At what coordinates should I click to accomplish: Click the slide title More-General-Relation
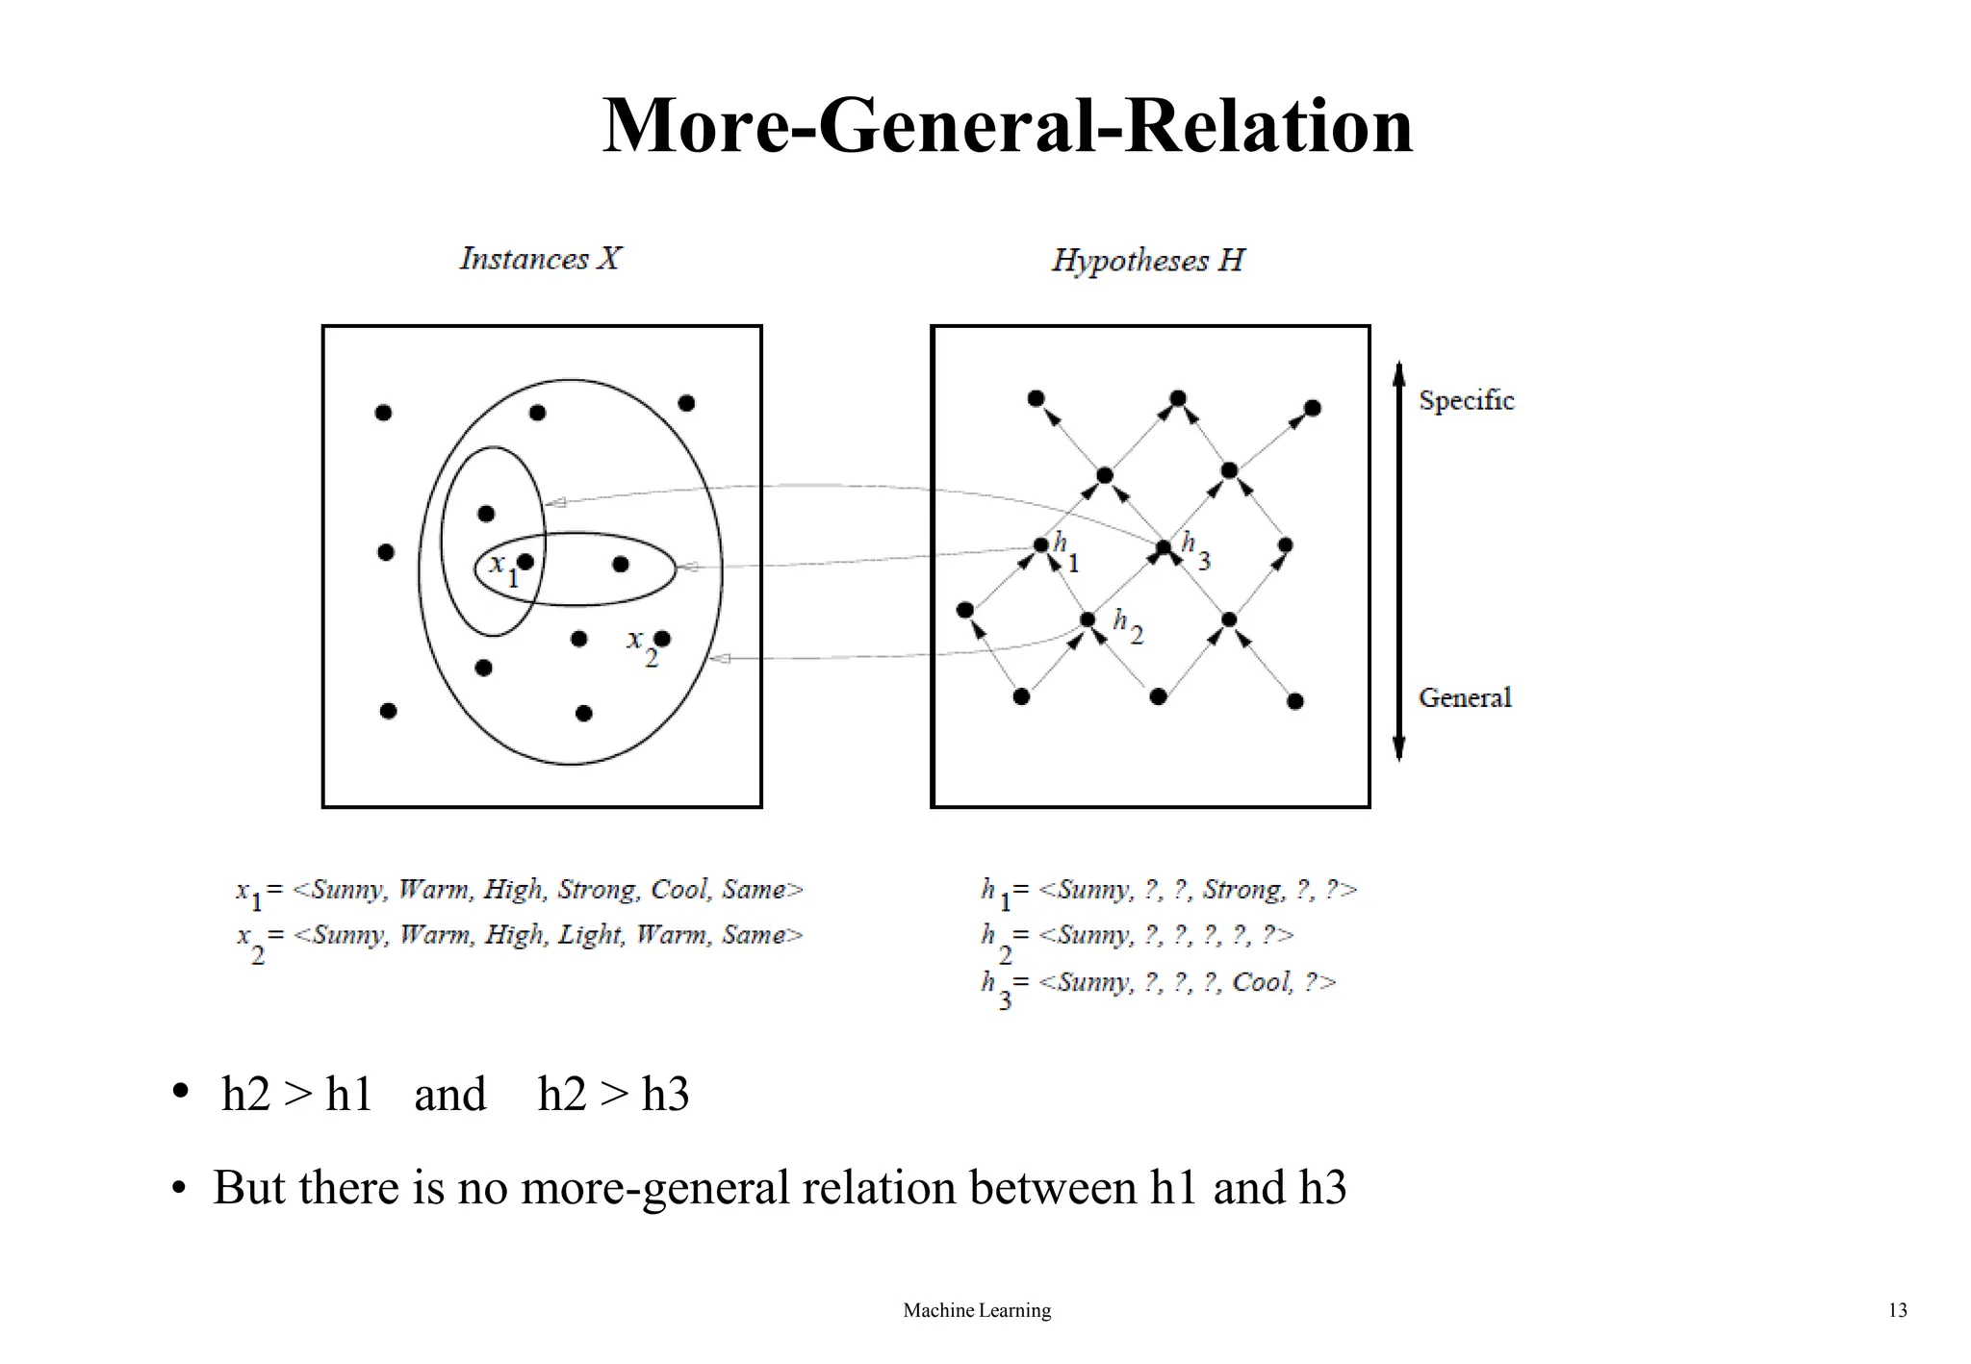1007,125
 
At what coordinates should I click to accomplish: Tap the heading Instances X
540,259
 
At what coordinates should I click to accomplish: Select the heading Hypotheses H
1147,261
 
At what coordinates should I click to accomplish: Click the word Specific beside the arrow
1466,400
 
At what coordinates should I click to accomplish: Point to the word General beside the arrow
1465,697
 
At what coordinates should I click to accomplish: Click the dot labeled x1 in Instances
525,562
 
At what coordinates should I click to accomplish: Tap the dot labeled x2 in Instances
662,639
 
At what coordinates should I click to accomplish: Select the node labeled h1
1040,545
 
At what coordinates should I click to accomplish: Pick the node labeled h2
1088,619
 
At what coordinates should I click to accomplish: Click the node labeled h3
1164,547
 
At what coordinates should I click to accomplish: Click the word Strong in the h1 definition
1242,890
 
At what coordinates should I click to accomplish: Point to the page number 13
1897,1310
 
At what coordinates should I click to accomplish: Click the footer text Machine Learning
977,1310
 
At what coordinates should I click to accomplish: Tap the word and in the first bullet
449,1095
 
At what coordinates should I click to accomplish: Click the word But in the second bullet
250,1187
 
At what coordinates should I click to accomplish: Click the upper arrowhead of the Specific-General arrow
1399,372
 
